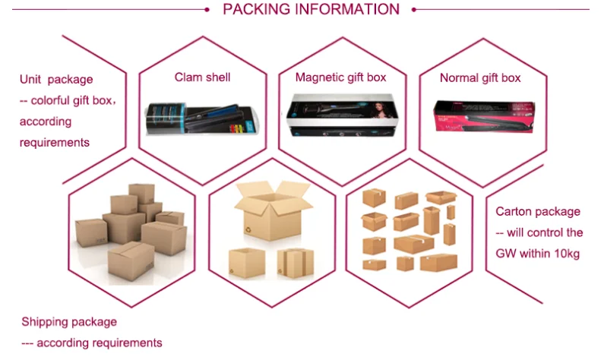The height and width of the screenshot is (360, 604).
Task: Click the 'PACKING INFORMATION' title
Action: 311,10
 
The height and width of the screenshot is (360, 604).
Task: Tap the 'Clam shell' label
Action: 202,77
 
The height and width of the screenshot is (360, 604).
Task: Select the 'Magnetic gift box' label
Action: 340,77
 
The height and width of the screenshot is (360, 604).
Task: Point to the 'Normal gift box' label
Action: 480,77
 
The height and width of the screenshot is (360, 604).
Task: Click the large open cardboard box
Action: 271,209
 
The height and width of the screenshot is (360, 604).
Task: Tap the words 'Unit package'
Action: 56,79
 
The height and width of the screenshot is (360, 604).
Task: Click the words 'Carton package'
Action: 537,212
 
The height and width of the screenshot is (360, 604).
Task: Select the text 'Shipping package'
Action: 69,322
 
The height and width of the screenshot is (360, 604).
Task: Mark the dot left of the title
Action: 207,10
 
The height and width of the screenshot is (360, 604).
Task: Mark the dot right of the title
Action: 414,10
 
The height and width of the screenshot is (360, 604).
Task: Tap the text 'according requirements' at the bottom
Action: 100,343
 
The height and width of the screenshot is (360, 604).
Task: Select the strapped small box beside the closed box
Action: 294,261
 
